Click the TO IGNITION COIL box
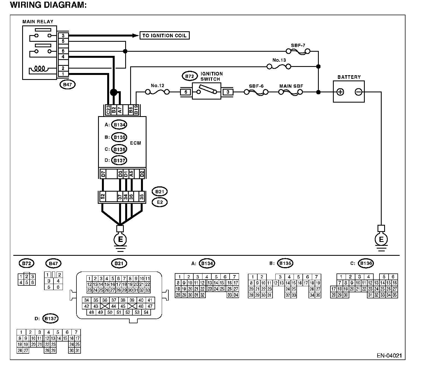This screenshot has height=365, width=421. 165,35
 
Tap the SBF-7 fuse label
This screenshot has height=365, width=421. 298,45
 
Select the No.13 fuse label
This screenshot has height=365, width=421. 279,60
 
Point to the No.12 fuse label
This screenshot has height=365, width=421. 157,85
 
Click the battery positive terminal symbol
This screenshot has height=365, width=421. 340,92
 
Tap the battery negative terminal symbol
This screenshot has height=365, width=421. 358,92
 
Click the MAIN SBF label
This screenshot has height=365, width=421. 291,86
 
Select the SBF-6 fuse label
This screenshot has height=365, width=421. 256,86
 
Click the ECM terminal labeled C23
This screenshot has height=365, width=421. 108,110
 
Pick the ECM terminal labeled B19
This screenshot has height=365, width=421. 136,110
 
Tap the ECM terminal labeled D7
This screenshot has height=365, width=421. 103,174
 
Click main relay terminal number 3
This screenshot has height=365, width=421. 63,36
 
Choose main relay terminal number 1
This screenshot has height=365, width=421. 63,74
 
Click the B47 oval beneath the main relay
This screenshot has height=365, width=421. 68,84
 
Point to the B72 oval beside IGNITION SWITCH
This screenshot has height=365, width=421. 189,76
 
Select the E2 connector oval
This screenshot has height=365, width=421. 160,202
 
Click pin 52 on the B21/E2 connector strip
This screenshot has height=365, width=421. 103,197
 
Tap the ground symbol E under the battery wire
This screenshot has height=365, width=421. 381,239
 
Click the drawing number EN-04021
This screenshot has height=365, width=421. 389,356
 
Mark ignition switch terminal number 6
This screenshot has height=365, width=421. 186,92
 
